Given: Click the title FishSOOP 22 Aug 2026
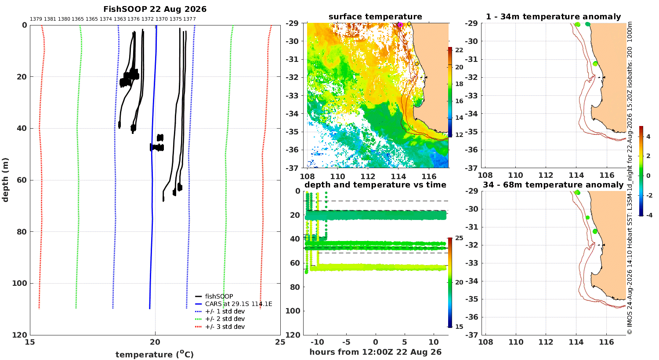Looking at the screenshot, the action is click(155, 9).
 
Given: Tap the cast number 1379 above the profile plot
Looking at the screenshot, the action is click(36, 19).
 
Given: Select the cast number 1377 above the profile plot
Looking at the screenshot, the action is click(189, 19).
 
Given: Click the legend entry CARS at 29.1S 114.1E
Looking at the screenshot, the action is click(239, 304).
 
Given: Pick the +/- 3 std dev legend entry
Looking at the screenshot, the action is click(225, 327).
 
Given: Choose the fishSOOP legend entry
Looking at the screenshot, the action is click(219, 296).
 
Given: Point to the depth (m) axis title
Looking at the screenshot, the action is click(5, 180).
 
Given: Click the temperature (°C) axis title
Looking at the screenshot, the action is click(155, 354).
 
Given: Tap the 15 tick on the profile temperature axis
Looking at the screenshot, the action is click(30, 342).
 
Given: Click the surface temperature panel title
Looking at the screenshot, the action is click(375, 16).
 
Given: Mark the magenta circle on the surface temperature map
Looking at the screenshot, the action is click(400, 25).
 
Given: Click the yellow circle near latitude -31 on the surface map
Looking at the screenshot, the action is click(416, 64).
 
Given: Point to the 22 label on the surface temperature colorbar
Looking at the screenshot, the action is click(459, 50).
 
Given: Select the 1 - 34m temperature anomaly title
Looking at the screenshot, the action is click(554, 17).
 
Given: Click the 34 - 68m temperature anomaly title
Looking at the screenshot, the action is click(553, 185).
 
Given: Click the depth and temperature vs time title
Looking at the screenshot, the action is click(375, 185).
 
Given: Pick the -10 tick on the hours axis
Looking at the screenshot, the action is click(317, 342).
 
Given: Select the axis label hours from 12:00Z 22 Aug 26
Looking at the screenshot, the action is click(375, 352).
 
